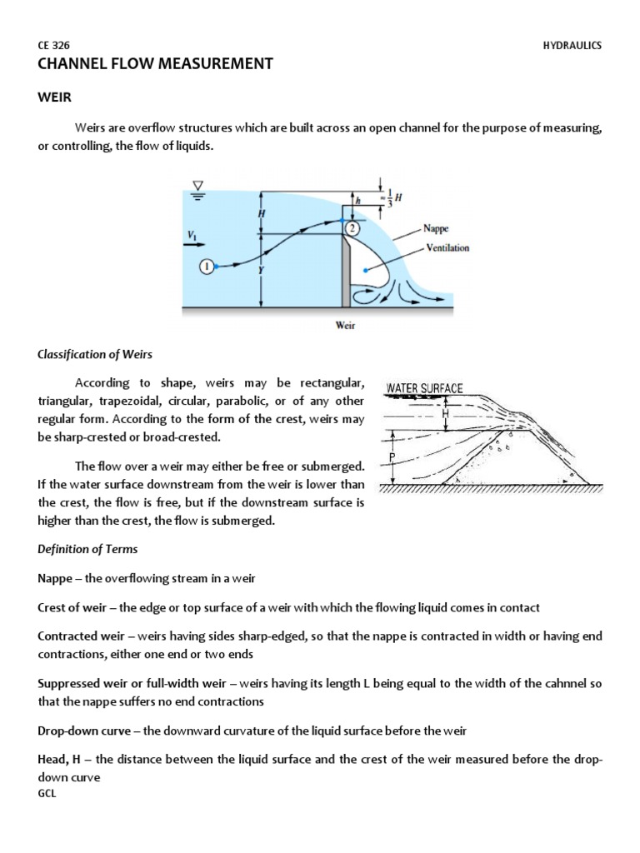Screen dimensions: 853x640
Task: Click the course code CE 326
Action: point(53,46)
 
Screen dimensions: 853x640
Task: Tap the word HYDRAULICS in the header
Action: point(572,46)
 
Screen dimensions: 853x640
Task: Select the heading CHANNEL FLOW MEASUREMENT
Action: point(155,64)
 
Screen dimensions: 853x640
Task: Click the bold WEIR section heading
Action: point(55,97)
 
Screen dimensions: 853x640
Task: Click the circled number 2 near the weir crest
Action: point(352,228)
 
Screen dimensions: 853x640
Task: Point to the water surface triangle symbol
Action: point(199,185)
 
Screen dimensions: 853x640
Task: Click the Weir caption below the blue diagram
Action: point(345,326)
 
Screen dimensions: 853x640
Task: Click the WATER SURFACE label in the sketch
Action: point(424,388)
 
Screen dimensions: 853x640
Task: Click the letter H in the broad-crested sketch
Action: point(445,413)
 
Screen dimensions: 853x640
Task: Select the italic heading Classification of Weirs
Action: point(95,354)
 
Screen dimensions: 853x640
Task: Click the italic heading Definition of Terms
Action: point(87,549)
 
